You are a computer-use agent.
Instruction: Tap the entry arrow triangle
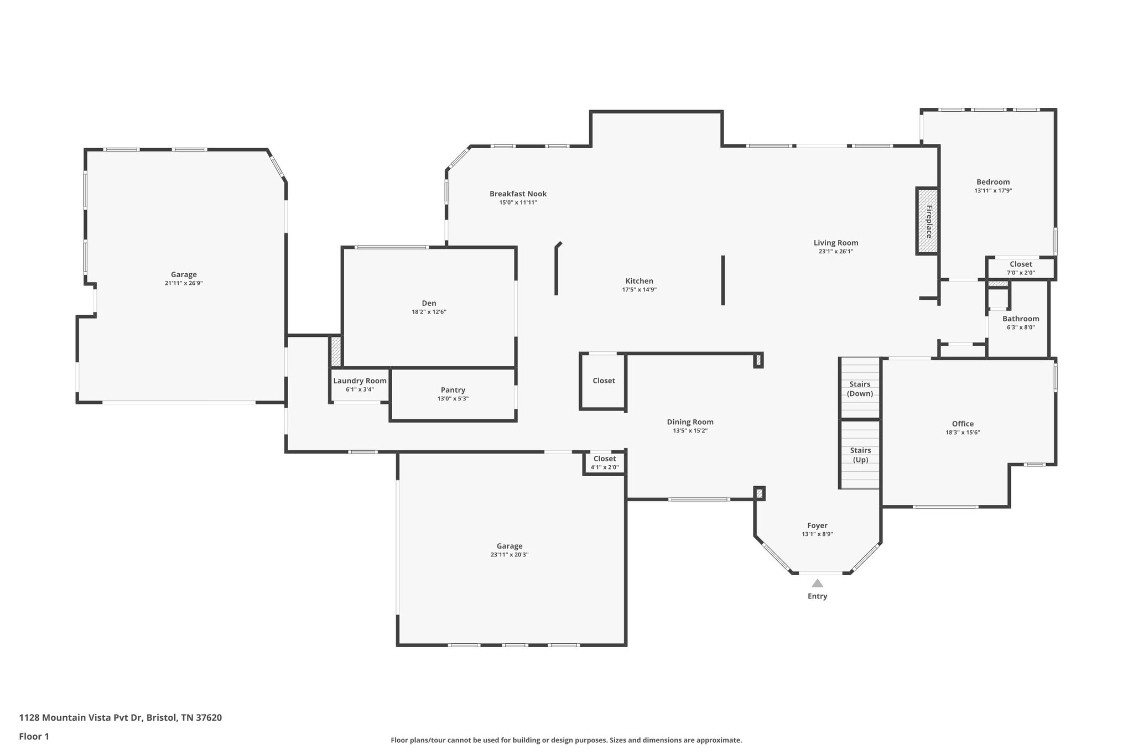817,583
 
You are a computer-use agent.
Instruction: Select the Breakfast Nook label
518,194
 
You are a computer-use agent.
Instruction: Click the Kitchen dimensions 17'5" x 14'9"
639,290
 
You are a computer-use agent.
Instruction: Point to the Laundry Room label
360,381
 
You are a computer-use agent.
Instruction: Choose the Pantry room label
453,390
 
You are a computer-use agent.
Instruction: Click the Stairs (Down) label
860,389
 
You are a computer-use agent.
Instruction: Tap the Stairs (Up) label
860,455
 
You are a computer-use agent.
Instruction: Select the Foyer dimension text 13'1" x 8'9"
817,534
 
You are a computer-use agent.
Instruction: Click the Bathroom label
1020,319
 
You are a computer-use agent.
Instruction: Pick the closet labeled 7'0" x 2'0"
1020,268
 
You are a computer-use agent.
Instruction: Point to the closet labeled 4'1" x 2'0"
604,463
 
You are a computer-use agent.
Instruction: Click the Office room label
963,424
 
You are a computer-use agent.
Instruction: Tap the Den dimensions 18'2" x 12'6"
429,312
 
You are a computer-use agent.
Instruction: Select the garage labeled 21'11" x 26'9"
184,279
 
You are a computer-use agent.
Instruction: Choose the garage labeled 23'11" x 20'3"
509,550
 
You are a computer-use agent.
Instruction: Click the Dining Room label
690,422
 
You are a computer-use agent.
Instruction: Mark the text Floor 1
34,736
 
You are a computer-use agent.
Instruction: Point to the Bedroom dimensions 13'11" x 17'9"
992,191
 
